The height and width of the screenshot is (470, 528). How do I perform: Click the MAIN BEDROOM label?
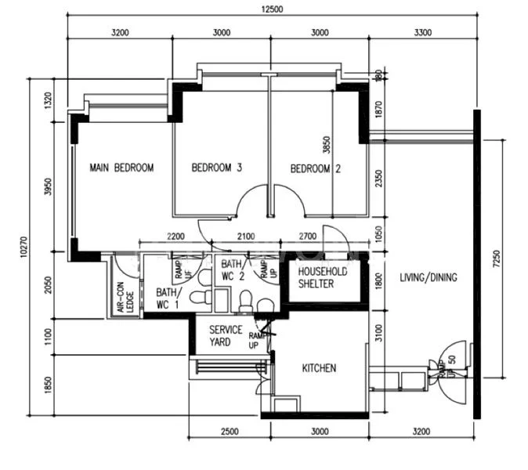pos(121,168)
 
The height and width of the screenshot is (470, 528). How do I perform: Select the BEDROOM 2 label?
pos(316,168)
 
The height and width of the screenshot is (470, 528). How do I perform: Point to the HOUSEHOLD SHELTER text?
pos(316,277)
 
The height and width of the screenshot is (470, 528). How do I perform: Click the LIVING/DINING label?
pos(428,277)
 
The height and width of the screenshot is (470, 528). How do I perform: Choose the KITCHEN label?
pos(319,367)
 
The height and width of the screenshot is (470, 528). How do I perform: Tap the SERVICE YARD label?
pos(226,336)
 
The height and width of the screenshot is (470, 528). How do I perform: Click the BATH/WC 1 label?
pos(167,297)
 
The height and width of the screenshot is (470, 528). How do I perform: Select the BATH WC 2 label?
pos(233,270)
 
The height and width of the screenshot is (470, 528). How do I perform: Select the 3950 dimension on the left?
pos(49,188)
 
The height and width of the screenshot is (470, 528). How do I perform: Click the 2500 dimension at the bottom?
pos(230,432)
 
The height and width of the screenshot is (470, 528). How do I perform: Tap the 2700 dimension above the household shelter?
pos(313,237)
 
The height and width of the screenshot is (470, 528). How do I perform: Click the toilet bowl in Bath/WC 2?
pos(245,299)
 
